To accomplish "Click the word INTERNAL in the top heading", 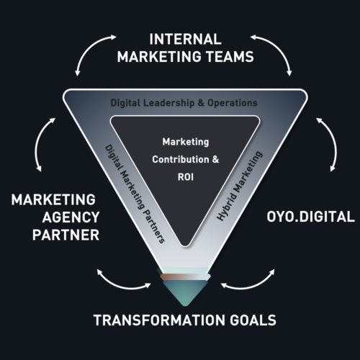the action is click(x=185, y=39).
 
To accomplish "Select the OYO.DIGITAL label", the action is click(x=310, y=217).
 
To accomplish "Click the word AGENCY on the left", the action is click(x=71, y=217).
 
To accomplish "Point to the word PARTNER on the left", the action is click(x=66, y=235).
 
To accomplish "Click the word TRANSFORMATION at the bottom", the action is click(x=159, y=320).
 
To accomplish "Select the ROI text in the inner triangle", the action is click(x=186, y=177).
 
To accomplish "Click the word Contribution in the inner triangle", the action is click(x=181, y=159).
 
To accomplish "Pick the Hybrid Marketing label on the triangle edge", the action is click(x=240, y=186).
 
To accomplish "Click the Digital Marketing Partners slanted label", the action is click(x=135, y=194).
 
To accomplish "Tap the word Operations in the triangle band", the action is click(x=233, y=103).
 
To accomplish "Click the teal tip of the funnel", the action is click(x=185, y=292).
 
